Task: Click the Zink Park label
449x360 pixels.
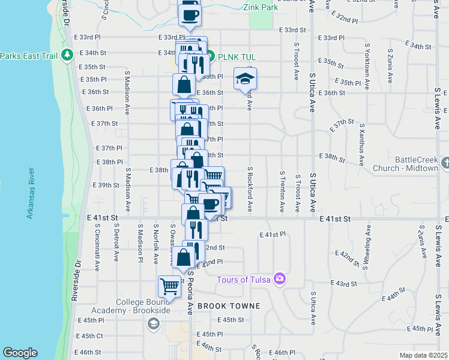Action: [261, 8]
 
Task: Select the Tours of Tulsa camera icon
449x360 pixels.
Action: [279, 278]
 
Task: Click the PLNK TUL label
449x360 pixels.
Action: [237, 57]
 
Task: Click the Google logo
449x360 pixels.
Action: [19, 353]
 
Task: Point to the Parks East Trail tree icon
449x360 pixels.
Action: [66, 56]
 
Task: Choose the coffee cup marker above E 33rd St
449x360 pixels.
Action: [190, 14]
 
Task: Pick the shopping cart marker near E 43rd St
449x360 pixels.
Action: [170, 286]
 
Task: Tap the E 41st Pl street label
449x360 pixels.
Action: [272, 235]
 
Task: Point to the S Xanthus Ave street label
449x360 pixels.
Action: [361, 145]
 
